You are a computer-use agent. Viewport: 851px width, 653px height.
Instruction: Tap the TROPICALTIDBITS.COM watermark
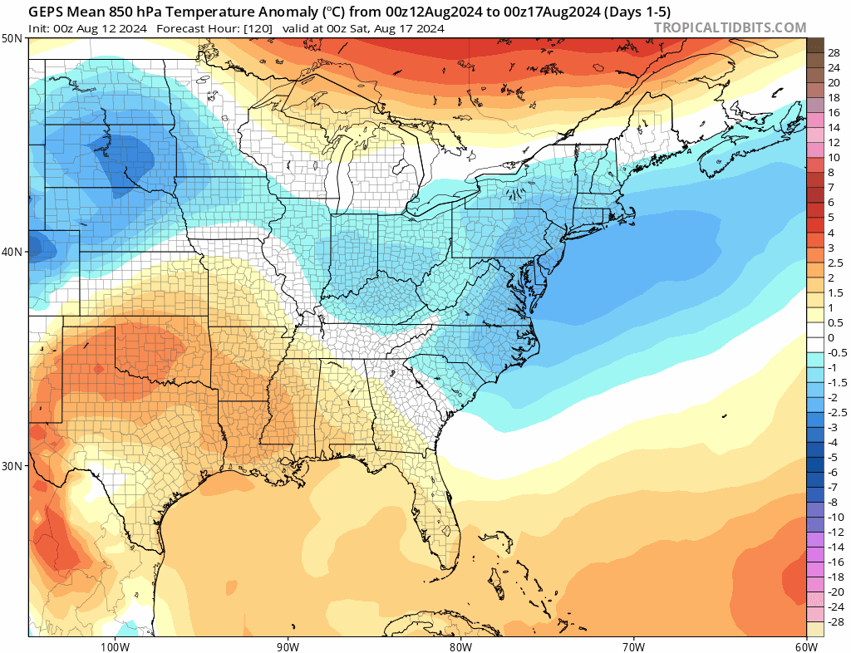[x=730, y=27]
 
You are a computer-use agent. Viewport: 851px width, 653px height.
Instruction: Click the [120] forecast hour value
[x=256, y=28]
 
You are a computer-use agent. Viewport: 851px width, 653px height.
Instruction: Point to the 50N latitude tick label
[x=12, y=39]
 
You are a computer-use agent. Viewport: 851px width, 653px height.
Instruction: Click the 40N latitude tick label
[x=12, y=252]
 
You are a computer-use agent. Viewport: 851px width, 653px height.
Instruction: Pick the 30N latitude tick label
[x=12, y=465]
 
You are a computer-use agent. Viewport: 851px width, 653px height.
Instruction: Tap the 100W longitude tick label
[x=114, y=646]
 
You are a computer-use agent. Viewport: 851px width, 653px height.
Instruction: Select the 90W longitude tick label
[x=288, y=646]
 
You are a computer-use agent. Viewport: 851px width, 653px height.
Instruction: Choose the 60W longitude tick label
[x=806, y=646]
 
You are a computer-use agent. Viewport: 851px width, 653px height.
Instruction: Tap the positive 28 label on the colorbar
[x=834, y=52]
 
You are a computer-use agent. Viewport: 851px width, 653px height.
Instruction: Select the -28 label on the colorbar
[x=836, y=621]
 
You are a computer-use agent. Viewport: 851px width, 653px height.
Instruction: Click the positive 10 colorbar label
[x=834, y=157]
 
